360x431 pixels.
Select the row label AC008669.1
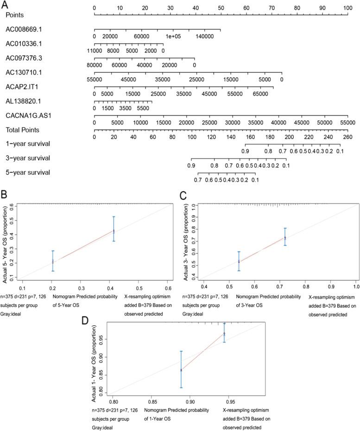coord(24,29)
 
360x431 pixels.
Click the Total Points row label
coord(22,130)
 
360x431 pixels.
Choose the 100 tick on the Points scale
coord(348,8)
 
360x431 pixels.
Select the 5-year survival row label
coord(28,173)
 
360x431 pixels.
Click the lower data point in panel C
coord(239,262)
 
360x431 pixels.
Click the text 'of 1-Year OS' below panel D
coord(158,418)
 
